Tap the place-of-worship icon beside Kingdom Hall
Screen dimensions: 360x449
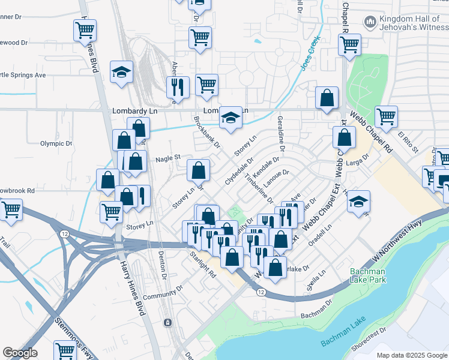370,23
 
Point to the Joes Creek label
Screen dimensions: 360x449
311,54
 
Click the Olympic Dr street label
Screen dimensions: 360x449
56,144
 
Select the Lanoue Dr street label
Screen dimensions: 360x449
277,176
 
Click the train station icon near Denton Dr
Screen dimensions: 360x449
167,323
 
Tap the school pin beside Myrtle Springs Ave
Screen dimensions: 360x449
121,72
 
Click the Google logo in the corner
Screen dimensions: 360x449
20,353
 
